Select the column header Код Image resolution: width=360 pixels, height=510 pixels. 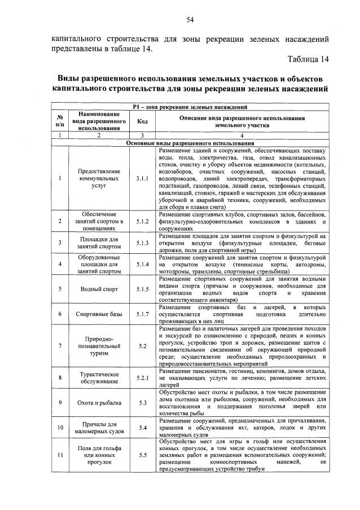pyautogui.click(x=142, y=121)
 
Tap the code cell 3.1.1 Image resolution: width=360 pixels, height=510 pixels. pyautogui.click(x=142, y=179)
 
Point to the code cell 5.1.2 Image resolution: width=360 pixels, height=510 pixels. pyautogui.click(x=142, y=221)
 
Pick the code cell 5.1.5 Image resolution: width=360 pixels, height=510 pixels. pyautogui.click(x=142, y=289)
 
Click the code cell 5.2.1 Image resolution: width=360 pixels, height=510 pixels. pyautogui.click(x=142, y=377)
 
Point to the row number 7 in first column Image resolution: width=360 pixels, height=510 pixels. pyautogui.click(x=60, y=345)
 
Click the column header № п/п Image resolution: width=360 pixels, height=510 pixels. pyautogui.click(x=60, y=121)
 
